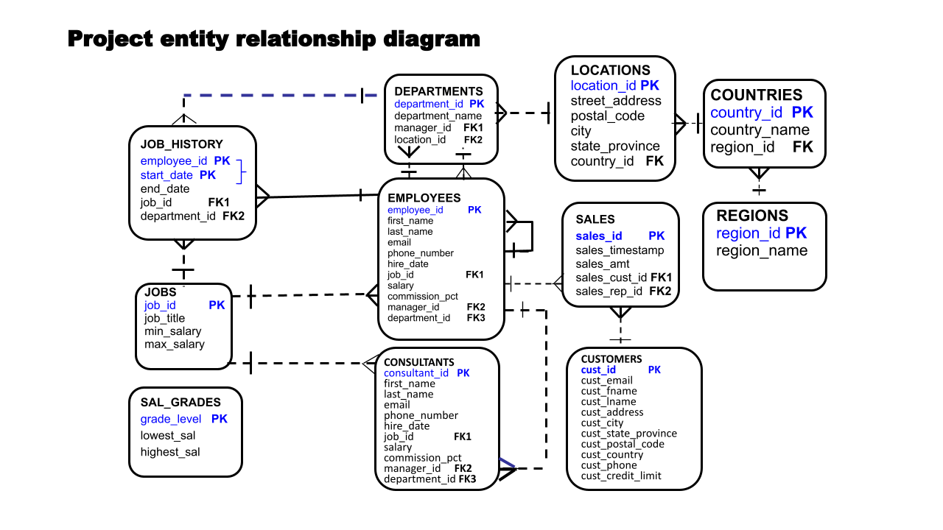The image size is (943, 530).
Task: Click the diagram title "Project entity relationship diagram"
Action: (x=273, y=38)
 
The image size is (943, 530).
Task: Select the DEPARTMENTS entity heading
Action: (x=438, y=91)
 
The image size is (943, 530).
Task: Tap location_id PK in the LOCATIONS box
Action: (x=614, y=85)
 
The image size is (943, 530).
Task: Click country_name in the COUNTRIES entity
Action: (x=760, y=130)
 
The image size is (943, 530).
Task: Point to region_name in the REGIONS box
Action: (x=762, y=251)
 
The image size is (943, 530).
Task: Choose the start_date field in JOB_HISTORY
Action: (x=166, y=175)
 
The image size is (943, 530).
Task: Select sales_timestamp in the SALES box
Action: (x=620, y=250)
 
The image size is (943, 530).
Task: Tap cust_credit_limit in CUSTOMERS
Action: (x=621, y=476)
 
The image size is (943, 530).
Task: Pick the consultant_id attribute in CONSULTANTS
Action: (x=416, y=373)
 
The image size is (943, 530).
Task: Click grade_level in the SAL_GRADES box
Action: (x=171, y=419)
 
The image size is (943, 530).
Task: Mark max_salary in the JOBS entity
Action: (x=175, y=344)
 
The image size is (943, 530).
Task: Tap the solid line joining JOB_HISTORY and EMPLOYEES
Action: (x=317, y=196)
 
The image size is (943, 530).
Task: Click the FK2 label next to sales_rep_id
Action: (x=660, y=291)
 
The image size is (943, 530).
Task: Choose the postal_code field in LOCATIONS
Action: (x=608, y=116)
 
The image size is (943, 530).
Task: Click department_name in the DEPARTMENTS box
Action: (x=438, y=116)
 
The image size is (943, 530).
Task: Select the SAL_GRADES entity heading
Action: (x=180, y=402)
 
